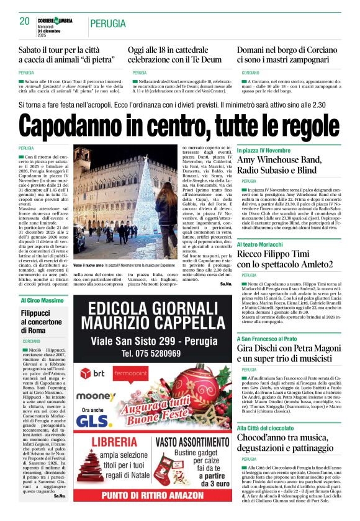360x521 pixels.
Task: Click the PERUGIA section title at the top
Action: [x=109, y=24]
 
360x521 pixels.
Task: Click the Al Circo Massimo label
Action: [x=42, y=301]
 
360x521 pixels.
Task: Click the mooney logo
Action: [x=96, y=395]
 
